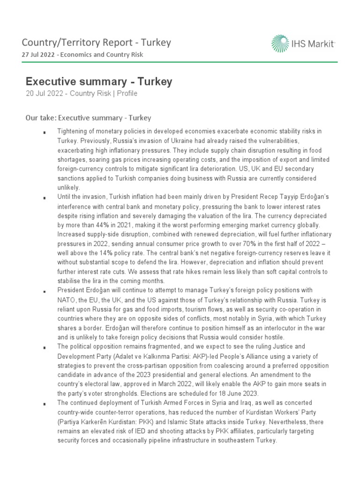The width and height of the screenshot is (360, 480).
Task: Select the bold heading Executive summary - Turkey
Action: (99, 82)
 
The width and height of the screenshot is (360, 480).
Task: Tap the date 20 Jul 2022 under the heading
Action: (45, 93)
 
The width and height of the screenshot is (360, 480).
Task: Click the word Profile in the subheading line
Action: (127, 93)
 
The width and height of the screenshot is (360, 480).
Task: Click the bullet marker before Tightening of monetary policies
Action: (44, 133)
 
